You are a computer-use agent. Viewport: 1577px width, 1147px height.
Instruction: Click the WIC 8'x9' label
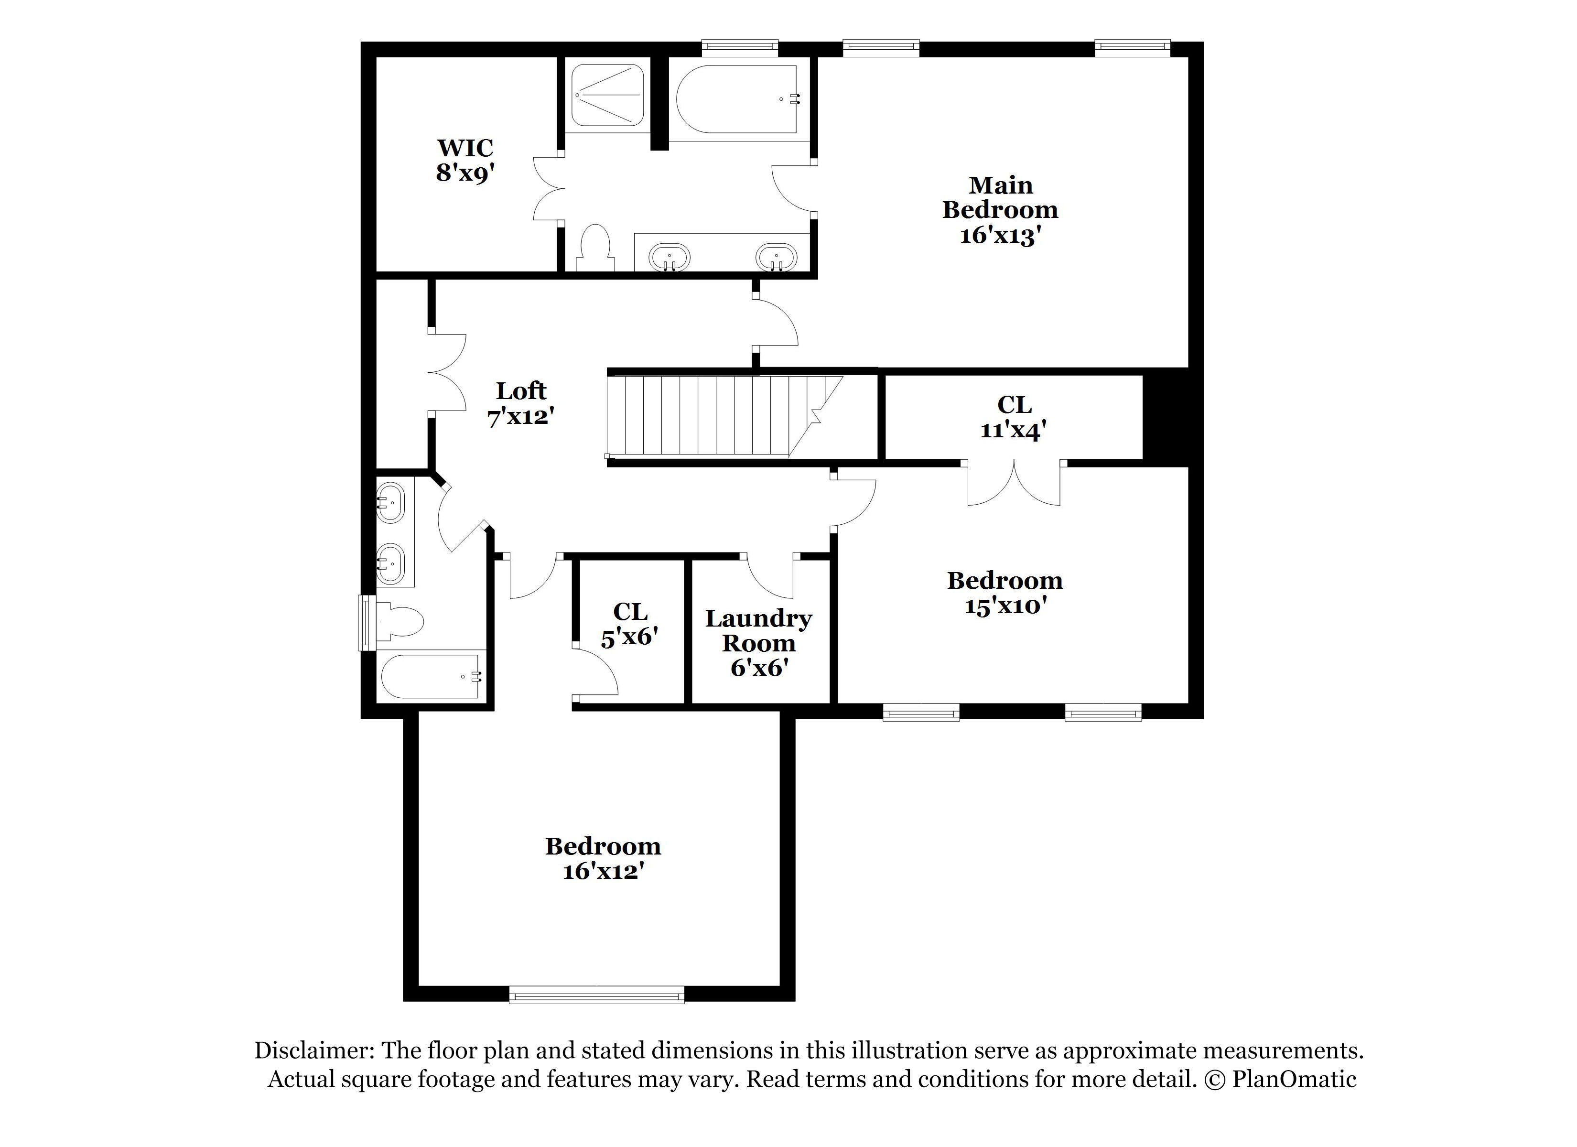click(464, 161)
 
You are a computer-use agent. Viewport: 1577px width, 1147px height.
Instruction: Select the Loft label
click(521, 391)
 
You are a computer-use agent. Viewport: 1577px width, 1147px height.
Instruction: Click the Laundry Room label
click(758, 643)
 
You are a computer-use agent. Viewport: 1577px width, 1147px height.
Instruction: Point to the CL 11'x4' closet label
click(1014, 417)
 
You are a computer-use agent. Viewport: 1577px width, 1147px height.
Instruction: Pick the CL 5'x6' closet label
click(630, 624)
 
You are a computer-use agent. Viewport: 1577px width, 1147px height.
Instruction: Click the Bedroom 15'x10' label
click(1005, 593)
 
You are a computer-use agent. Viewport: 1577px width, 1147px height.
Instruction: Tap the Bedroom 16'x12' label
click(603, 858)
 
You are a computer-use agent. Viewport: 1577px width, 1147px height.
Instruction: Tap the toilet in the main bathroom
click(595, 247)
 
